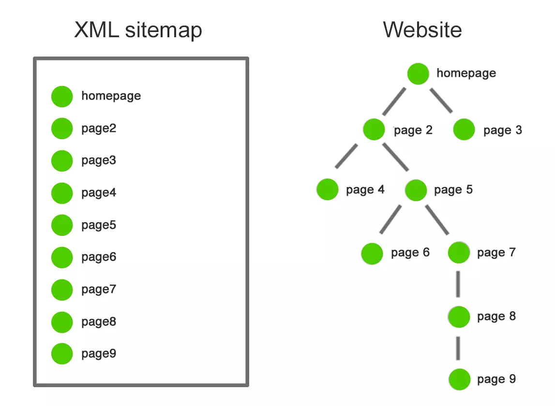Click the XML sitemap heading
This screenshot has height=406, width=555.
point(138,30)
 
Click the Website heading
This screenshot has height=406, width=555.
point(422,30)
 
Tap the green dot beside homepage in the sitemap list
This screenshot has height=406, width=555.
point(62,96)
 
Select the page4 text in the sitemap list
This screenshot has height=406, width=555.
point(99,193)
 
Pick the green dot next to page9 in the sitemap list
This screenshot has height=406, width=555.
point(62,354)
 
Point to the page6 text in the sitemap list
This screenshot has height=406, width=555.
point(99,257)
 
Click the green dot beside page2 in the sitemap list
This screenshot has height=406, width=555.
point(62,129)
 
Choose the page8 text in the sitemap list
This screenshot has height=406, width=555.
point(99,322)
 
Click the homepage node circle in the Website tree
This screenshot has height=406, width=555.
point(418,74)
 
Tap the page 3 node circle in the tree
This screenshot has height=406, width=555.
point(464,130)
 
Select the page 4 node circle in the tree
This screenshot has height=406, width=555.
point(328,189)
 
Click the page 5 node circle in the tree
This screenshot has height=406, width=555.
point(416,190)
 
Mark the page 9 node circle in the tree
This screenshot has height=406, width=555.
point(459,379)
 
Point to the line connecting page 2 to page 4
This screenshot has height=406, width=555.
point(346,156)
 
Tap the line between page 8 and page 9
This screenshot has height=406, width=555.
point(458,348)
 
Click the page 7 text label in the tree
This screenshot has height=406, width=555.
point(496,253)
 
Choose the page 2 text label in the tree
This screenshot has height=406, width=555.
point(413,130)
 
